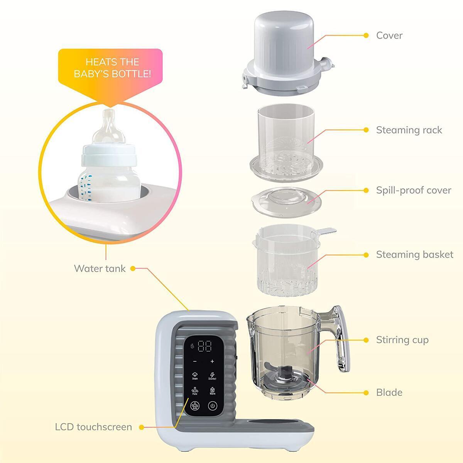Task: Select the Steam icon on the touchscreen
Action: (x=195, y=376)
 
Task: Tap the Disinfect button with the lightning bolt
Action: (x=212, y=376)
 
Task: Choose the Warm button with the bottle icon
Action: (x=212, y=391)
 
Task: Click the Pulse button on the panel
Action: (x=195, y=391)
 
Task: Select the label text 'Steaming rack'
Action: (x=409, y=130)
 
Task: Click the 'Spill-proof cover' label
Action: (x=414, y=190)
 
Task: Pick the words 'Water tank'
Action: (x=100, y=269)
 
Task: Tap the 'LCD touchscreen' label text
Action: (x=93, y=427)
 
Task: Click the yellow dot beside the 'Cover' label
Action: (x=366, y=35)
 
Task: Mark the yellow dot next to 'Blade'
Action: (x=366, y=392)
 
